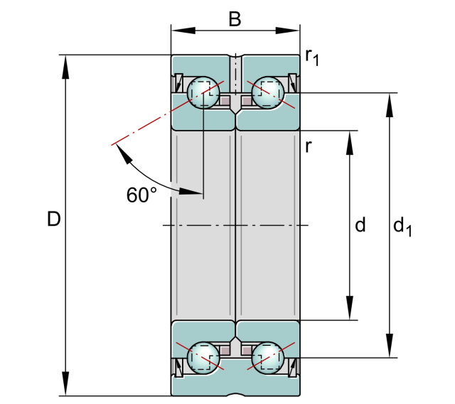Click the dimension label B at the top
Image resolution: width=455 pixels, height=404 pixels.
pyautogui.click(x=235, y=19)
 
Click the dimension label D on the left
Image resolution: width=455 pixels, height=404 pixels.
pyautogui.click(x=53, y=219)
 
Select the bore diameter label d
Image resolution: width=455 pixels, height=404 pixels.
pyautogui.click(x=360, y=225)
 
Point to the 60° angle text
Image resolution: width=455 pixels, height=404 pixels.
pyautogui.click(x=141, y=195)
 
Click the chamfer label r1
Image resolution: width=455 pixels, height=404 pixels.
pyautogui.click(x=312, y=57)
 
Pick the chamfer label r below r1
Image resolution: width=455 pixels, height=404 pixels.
pyautogui.click(x=309, y=147)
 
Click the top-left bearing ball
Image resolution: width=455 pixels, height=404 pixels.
pyautogui.click(x=203, y=92)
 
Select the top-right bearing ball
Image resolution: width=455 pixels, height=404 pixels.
pyautogui.click(x=268, y=92)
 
